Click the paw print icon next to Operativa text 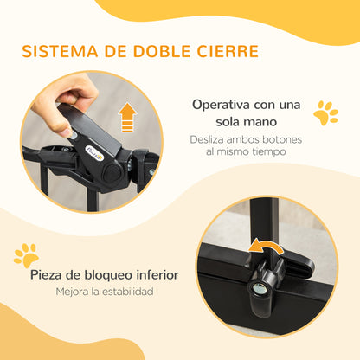325,113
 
